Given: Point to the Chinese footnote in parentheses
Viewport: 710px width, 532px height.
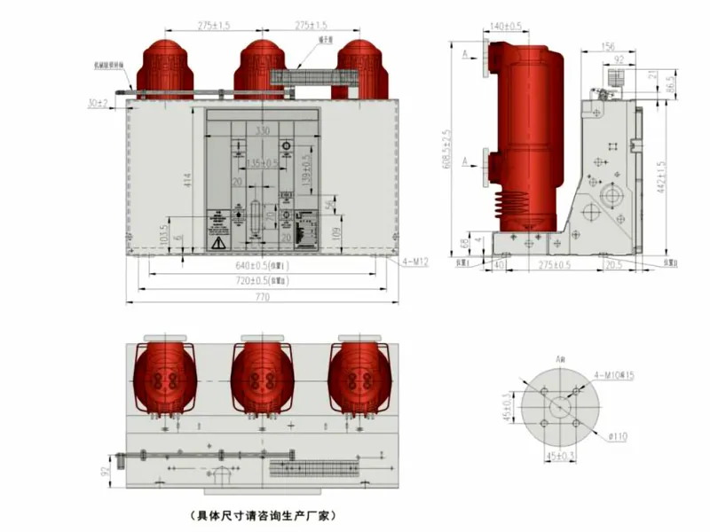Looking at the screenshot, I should click(x=261, y=513).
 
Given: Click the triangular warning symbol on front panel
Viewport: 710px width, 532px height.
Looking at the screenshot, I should click(x=217, y=242).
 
